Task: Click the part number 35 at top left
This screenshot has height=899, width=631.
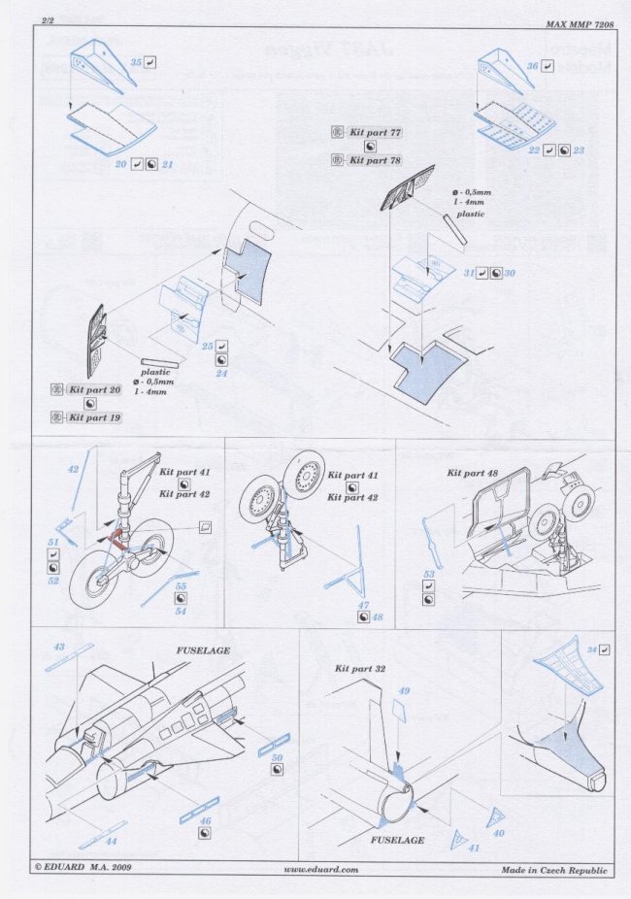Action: pos(136,61)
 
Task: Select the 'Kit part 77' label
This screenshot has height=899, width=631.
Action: pos(375,131)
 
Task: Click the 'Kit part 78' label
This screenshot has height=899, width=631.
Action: pos(375,159)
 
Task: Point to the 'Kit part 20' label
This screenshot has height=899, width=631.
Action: pos(95,388)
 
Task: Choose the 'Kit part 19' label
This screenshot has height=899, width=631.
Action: pos(95,417)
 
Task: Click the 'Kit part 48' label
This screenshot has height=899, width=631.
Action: pos(473,473)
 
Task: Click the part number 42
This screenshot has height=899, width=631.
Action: pos(73,468)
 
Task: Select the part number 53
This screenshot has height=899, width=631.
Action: pos(428,575)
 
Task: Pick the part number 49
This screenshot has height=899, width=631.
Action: pos(406,690)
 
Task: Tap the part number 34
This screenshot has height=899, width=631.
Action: pos(591,649)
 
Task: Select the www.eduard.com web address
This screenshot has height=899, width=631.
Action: pos(320,870)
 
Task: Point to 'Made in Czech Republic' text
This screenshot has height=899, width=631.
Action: pos(554,870)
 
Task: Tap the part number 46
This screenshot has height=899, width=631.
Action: pos(205,820)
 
